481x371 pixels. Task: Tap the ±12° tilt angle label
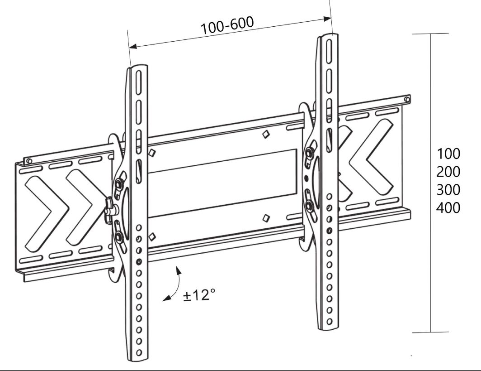click(198, 296)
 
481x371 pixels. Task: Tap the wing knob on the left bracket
click(110, 209)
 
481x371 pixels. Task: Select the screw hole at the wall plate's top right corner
click(407, 99)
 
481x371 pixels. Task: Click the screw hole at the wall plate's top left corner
click(28, 161)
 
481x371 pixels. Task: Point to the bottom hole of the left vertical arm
click(139, 352)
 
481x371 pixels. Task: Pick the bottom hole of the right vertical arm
click(330, 321)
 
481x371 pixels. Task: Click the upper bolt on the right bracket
click(309, 154)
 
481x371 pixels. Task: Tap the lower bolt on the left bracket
click(119, 236)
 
